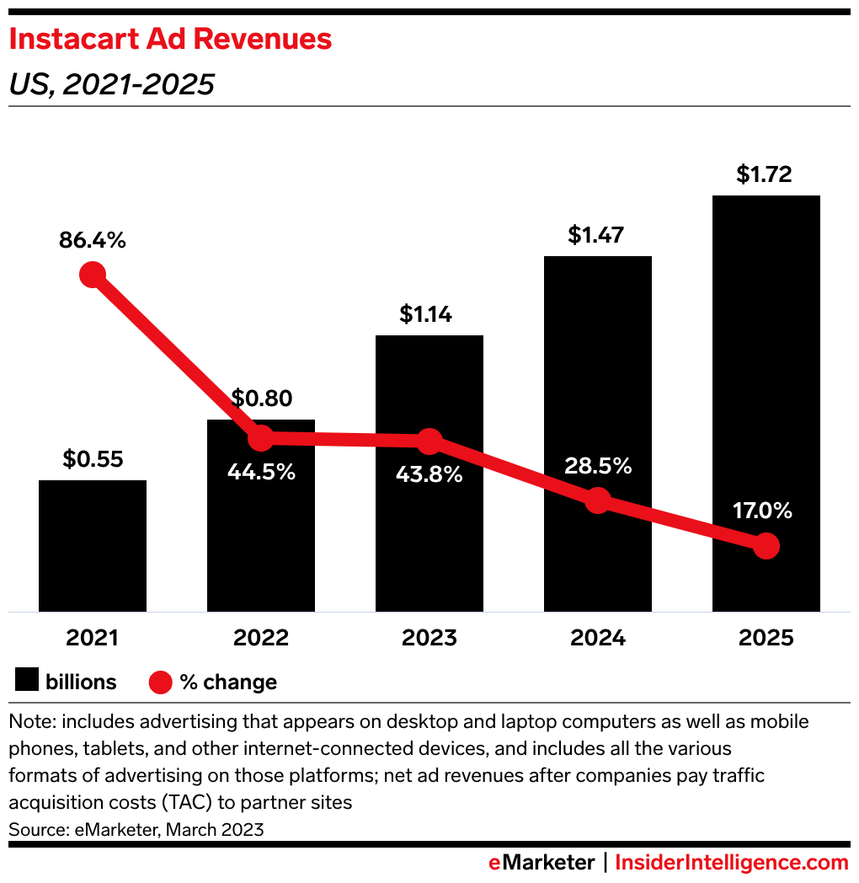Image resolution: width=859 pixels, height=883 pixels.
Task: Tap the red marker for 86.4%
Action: [93, 275]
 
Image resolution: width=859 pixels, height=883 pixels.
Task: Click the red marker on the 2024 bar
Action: [597, 500]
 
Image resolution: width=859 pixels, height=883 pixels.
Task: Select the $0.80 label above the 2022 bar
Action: [261, 398]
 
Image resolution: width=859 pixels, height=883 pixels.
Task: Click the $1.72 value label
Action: [766, 174]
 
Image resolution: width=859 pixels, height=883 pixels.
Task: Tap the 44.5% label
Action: [261, 471]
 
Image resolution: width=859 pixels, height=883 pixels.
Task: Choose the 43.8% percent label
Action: [429, 474]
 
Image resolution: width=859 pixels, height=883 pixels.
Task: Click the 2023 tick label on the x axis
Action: [429, 638]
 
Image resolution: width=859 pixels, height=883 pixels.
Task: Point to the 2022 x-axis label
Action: [261, 638]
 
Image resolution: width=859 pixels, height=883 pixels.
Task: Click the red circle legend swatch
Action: [161, 682]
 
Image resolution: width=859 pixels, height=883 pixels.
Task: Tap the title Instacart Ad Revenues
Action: [170, 40]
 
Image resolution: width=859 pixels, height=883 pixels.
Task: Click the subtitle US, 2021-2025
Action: [111, 84]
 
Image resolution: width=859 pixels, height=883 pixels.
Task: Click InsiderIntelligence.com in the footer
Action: [732, 863]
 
